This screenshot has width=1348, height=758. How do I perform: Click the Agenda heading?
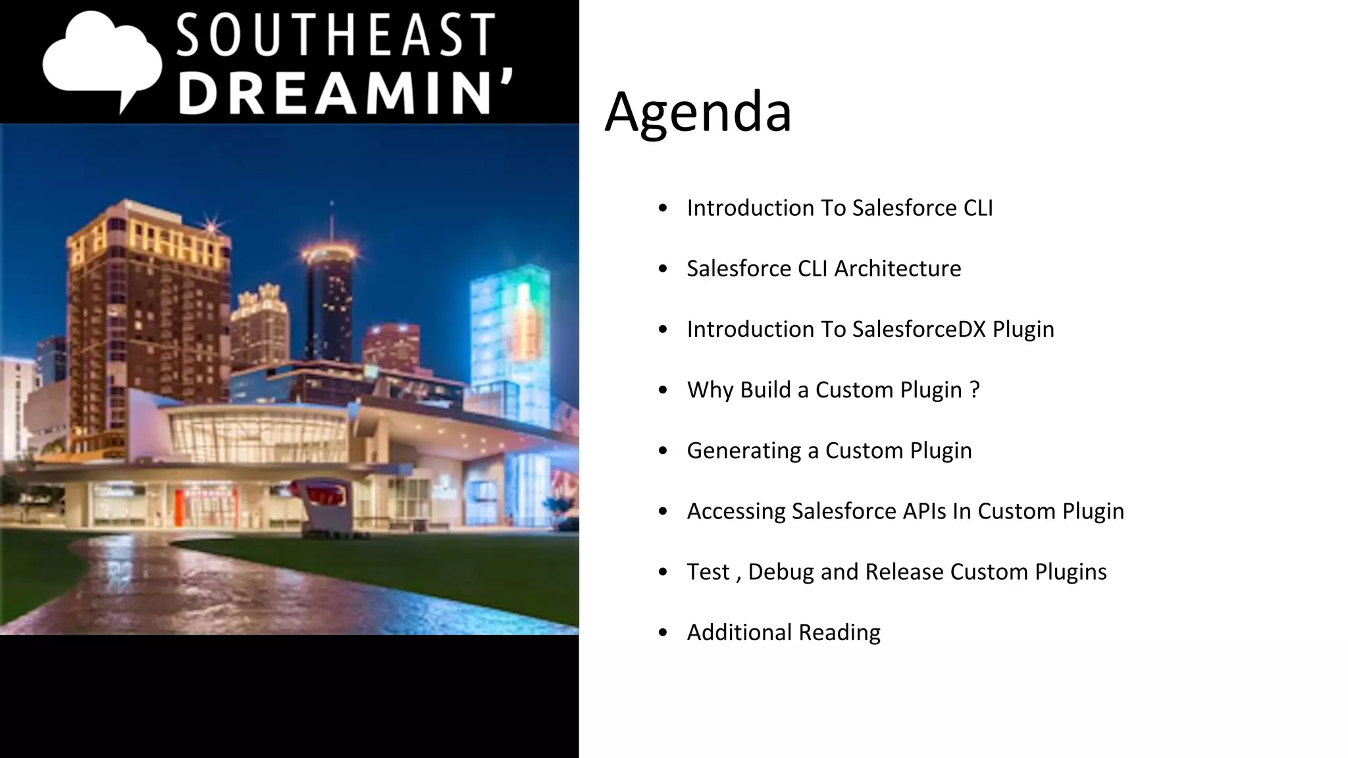698,112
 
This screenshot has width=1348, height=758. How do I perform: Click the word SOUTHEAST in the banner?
336,36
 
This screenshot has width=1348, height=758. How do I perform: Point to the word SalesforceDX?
919,329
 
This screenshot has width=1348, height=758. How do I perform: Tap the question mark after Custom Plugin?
975,390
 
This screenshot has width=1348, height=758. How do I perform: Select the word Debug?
781,572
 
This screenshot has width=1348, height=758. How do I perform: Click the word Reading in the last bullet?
839,632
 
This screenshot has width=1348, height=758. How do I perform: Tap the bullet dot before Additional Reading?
663,633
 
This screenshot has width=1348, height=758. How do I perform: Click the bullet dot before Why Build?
663,390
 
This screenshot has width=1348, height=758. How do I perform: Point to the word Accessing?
737,511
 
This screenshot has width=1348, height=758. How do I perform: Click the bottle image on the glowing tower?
524,322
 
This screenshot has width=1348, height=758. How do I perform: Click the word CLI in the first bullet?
978,208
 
